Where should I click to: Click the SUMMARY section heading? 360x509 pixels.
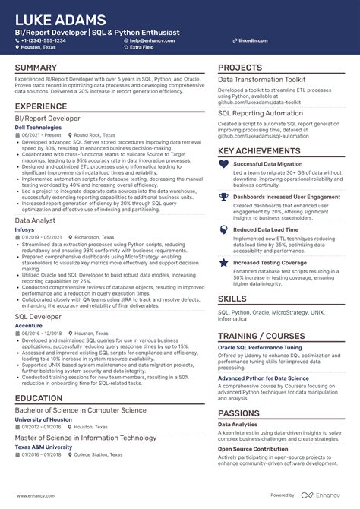click(36, 68)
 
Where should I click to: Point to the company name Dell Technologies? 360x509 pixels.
click(38, 128)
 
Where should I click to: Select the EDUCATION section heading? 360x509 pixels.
click(39, 397)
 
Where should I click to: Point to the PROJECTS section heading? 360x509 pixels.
click(240, 68)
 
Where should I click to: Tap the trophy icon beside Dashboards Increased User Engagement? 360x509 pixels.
click(224, 196)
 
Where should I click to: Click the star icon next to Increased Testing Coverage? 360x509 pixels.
click(224, 263)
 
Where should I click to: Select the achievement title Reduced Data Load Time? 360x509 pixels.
click(265, 229)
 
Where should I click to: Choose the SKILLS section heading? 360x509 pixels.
click(232, 299)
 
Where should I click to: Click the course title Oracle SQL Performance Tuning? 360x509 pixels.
click(260, 347)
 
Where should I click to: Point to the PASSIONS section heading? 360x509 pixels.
click(239, 413)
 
